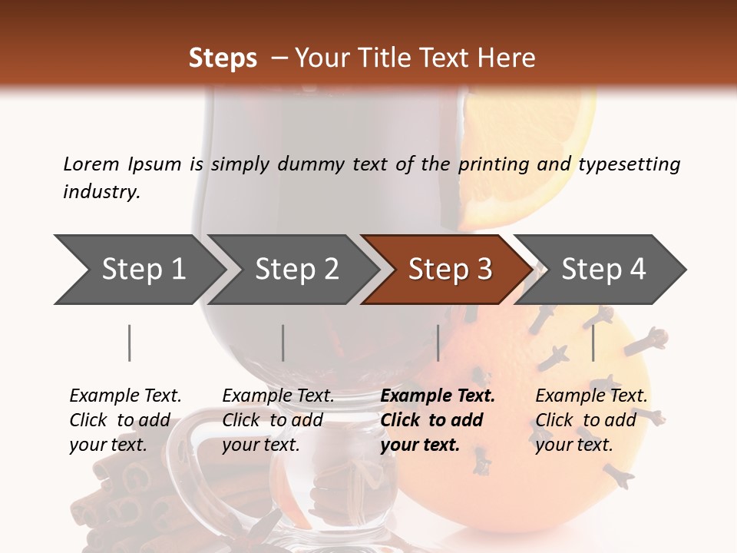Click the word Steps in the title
tap(223, 58)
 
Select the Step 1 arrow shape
tap(138, 269)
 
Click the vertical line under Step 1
tap(130, 343)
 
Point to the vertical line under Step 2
tap(283, 343)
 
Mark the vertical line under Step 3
tap(438, 343)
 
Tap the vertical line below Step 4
tap(593, 343)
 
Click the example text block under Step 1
tap(125, 420)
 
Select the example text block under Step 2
tap(278, 420)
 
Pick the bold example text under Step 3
tap(438, 420)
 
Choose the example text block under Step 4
tap(591, 420)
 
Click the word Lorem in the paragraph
tap(91, 164)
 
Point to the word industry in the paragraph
tap(101, 191)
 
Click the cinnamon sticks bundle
tap(131, 499)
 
